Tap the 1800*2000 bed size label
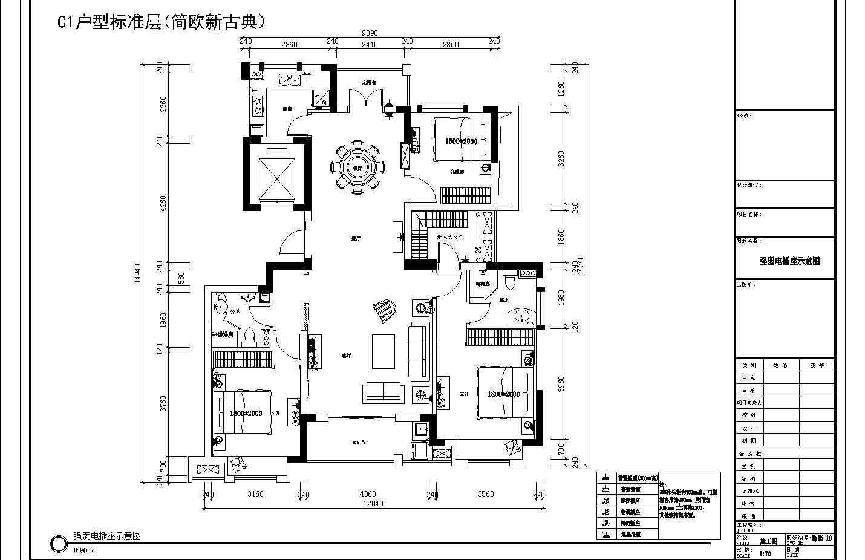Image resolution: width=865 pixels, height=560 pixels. [x=503, y=394]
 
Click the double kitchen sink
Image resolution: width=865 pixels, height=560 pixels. [x=289, y=80]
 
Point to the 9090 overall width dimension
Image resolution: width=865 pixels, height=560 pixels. [x=370, y=33]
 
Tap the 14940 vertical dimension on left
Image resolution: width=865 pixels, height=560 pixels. [x=138, y=272]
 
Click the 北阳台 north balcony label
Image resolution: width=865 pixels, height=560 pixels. [x=369, y=82]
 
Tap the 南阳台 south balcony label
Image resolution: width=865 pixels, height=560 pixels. [x=359, y=443]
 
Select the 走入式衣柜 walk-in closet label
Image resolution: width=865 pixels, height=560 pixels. [x=449, y=238]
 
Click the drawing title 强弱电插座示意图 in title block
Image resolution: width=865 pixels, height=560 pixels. [x=789, y=261]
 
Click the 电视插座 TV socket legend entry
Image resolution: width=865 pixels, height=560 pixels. [x=629, y=500]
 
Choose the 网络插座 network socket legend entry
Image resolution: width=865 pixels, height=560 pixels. [x=629, y=523]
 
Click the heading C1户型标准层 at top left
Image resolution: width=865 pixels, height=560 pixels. [x=161, y=22]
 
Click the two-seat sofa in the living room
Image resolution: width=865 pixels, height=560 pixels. [x=384, y=392]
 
